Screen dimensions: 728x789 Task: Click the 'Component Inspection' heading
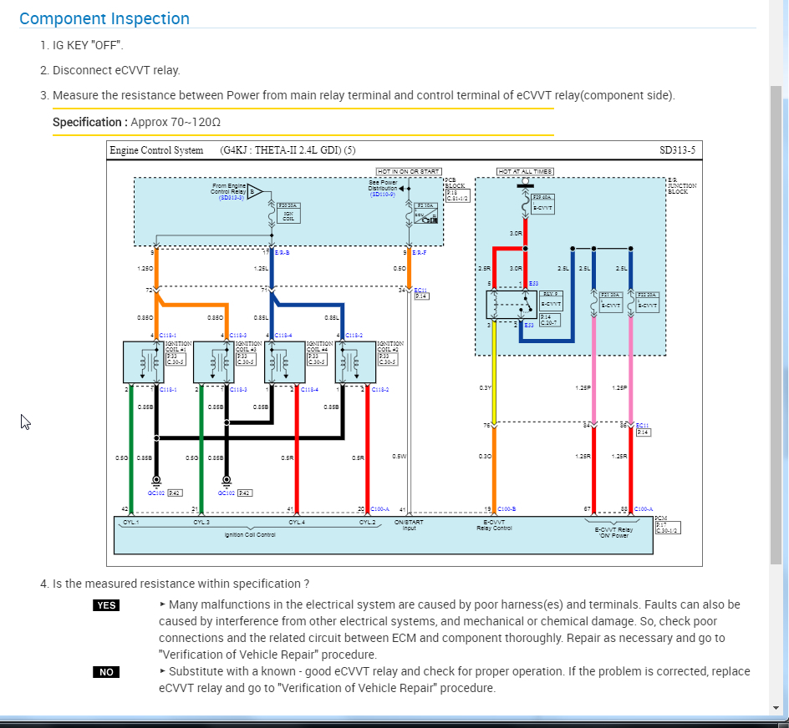pyautogui.click(x=104, y=18)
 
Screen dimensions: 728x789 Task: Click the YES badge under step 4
pyautogui.click(x=106, y=605)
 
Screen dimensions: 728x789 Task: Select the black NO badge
pyautogui.click(x=106, y=672)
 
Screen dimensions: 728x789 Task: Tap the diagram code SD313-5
pyautogui.click(x=676, y=150)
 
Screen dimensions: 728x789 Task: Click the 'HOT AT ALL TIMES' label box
pyautogui.click(x=525, y=171)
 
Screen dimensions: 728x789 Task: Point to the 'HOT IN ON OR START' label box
pyautogui.click(x=409, y=171)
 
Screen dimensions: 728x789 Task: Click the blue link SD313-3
pyautogui.click(x=231, y=199)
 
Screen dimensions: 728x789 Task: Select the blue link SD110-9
pyautogui.click(x=383, y=194)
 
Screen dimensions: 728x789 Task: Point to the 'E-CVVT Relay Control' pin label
pyautogui.click(x=494, y=525)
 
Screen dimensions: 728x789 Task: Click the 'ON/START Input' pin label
pyautogui.click(x=410, y=525)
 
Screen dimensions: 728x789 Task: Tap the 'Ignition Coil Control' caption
pyautogui.click(x=250, y=534)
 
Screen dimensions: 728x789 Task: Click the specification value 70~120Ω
pyautogui.click(x=176, y=122)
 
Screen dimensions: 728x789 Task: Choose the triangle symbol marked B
pyautogui.click(x=254, y=191)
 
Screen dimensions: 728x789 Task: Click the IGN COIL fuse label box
pyautogui.click(x=288, y=214)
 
